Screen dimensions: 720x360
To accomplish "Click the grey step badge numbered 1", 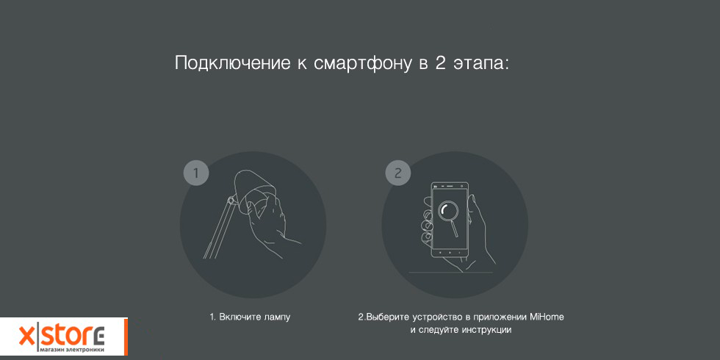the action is pos(196,173).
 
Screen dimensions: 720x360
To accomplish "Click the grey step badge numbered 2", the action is pos(397,173).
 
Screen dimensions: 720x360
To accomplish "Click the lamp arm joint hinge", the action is pos(231,199).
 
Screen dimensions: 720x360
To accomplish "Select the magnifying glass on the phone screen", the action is pos(448,216).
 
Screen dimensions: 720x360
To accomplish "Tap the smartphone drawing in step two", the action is pos(450,220).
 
